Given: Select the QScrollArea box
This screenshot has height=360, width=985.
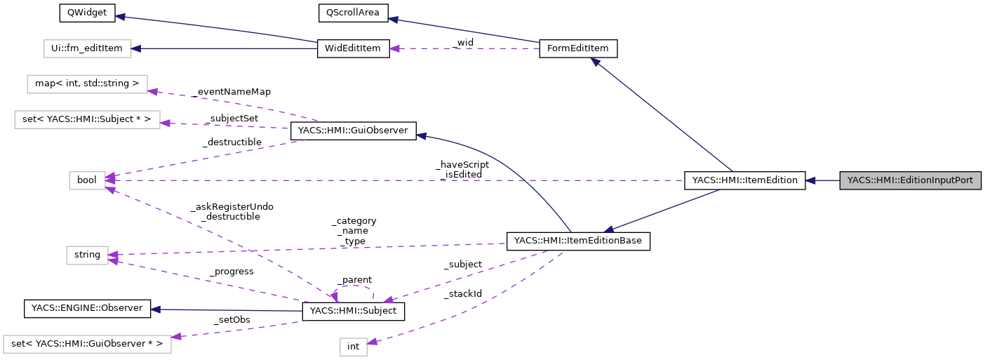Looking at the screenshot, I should click(353, 13).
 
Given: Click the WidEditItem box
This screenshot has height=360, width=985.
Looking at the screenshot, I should click(353, 48).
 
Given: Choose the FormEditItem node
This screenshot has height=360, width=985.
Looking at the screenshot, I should click(578, 48).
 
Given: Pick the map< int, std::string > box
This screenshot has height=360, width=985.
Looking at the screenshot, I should click(87, 84).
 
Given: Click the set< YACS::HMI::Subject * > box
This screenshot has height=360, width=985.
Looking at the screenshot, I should click(87, 119).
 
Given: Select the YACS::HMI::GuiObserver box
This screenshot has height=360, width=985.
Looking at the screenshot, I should click(353, 130).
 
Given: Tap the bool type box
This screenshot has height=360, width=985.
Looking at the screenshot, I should click(87, 180).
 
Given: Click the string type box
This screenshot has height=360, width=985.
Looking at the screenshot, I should click(87, 255).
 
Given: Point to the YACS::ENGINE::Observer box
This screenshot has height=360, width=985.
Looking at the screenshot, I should click(87, 308).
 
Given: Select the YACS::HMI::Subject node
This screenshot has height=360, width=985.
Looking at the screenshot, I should click(353, 311).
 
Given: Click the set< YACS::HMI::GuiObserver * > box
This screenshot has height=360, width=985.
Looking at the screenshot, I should click(87, 344).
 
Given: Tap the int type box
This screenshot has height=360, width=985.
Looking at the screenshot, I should click(353, 347).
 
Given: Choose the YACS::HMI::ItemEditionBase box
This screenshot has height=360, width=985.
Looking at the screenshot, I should click(578, 241).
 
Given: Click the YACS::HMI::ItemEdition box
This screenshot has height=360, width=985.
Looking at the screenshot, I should click(744, 180).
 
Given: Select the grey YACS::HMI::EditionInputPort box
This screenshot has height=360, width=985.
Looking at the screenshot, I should click(910, 180).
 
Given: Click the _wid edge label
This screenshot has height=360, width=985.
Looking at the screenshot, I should click(463, 43).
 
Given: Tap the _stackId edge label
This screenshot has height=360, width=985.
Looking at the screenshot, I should click(462, 293).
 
